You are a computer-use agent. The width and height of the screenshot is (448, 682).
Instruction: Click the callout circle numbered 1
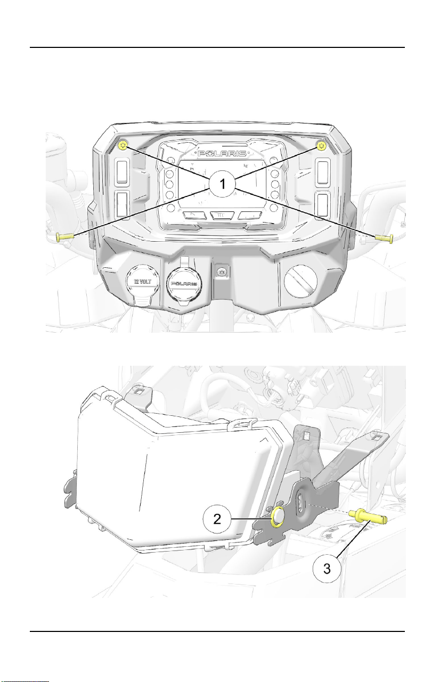pyautogui.click(x=222, y=184)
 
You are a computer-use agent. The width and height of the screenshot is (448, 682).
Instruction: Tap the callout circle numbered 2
pyautogui.click(x=217, y=519)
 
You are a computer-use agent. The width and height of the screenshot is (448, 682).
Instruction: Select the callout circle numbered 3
pyautogui.click(x=327, y=569)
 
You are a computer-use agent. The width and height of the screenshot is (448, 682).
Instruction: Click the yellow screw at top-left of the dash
pyautogui.click(x=123, y=145)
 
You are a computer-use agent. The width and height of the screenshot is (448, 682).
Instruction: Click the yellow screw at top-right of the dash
pyautogui.click(x=321, y=146)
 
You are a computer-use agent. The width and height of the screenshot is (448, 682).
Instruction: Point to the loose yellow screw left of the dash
pyautogui.click(x=65, y=236)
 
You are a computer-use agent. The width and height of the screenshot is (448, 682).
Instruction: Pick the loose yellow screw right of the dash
pyautogui.click(x=384, y=238)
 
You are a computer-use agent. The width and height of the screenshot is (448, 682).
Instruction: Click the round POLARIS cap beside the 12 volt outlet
pyautogui.click(x=183, y=285)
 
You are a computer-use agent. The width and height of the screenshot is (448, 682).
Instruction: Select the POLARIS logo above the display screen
pyautogui.click(x=222, y=153)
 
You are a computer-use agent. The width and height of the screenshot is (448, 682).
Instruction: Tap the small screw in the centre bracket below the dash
pyautogui.click(x=222, y=270)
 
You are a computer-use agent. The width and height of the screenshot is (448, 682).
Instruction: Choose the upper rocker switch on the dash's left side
pyautogui.click(x=122, y=172)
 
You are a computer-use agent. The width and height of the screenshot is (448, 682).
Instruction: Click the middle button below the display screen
pyautogui.click(x=222, y=215)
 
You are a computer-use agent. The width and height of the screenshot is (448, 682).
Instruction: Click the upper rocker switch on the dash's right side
pyautogui.click(x=322, y=172)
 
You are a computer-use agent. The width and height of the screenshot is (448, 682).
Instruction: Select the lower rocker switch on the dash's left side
pyautogui.click(x=121, y=204)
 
